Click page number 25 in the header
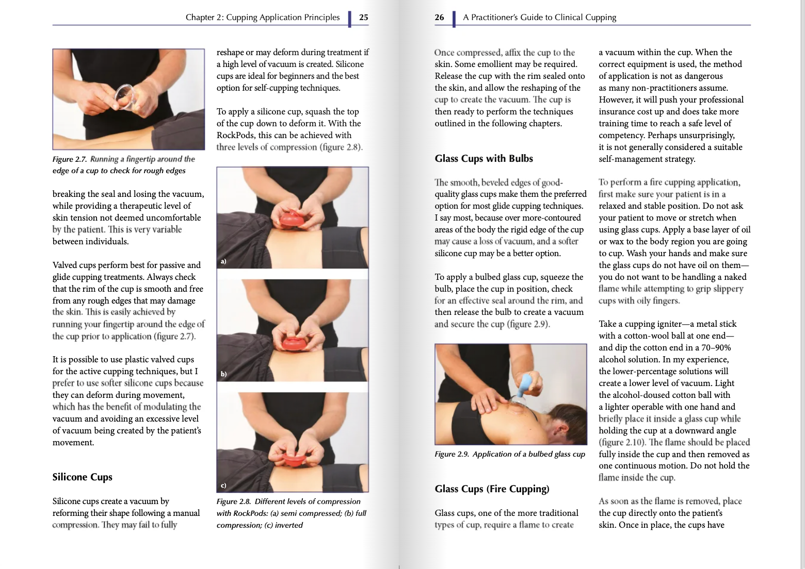(363, 18)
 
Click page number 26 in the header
(439, 18)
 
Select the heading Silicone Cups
(82, 477)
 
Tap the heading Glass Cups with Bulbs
(484, 159)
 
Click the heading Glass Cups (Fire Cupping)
(492, 489)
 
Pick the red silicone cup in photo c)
(293, 456)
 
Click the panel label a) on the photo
(223, 261)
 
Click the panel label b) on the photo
(223, 374)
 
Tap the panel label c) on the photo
(223, 486)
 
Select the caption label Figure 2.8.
(234, 501)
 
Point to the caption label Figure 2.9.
(452, 454)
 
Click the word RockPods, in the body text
(236, 136)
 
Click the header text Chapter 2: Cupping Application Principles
(263, 18)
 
